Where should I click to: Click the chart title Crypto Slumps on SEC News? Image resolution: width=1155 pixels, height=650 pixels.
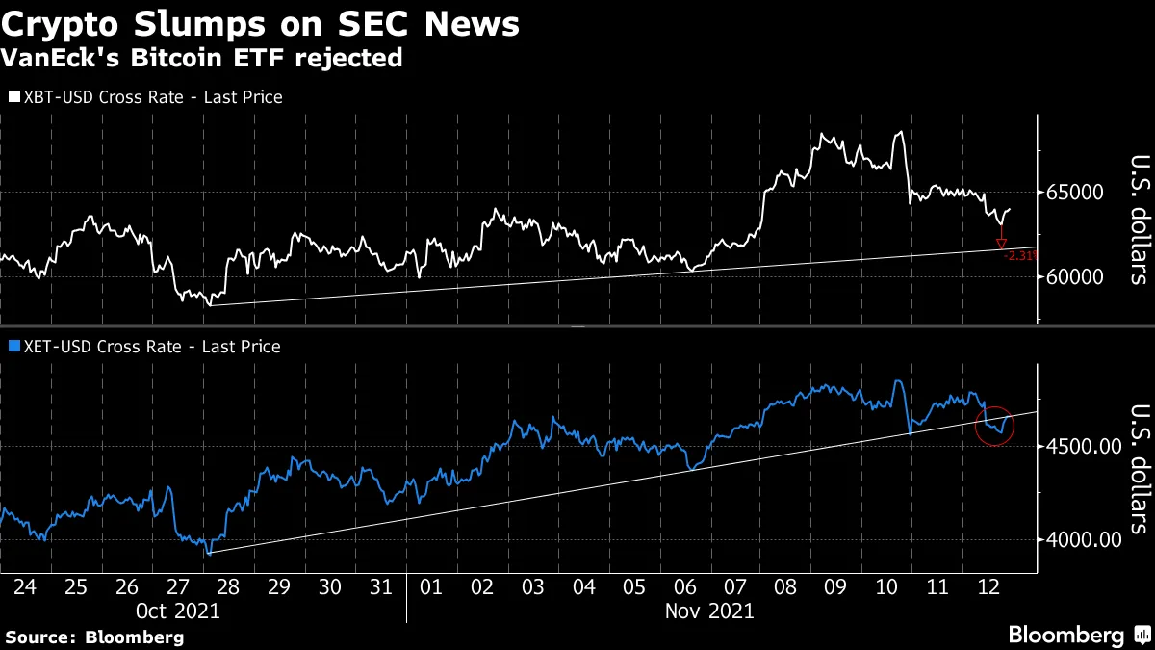point(262,24)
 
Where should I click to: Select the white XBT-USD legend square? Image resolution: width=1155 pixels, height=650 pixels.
point(13,97)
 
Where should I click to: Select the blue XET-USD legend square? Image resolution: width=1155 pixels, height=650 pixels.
point(13,346)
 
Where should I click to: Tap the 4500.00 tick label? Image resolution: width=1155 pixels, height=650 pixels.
point(1083,446)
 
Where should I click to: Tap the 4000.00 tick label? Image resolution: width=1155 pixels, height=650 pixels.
point(1083,539)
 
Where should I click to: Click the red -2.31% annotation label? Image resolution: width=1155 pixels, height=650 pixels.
point(1018,257)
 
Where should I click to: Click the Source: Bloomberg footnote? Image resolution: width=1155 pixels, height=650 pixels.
point(94,637)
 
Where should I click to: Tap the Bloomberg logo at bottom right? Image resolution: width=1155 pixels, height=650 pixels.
point(1078,635)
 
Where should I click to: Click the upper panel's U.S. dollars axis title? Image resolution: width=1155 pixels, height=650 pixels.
point(1139,220)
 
